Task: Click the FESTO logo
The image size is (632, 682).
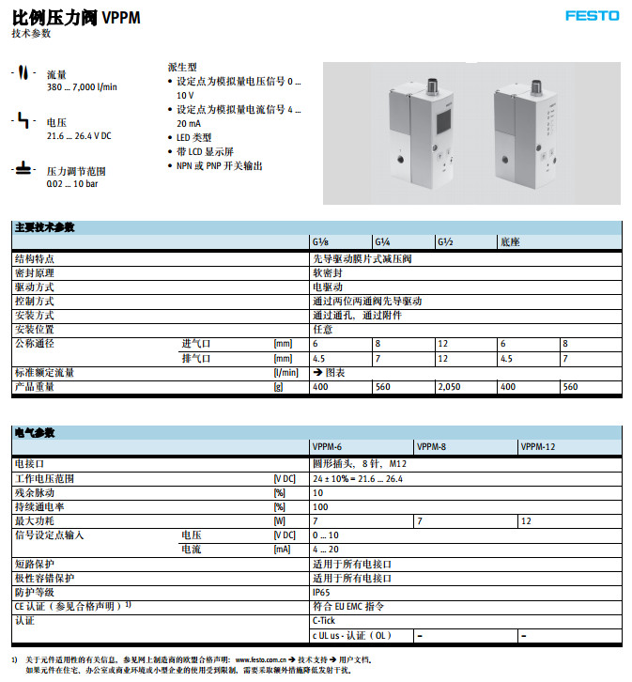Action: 592,15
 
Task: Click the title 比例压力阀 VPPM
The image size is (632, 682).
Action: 76,16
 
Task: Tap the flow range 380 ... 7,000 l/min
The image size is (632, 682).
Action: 83,87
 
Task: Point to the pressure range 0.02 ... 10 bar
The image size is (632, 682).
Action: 71,184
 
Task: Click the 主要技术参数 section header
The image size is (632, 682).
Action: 45,228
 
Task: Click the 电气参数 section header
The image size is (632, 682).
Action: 35,433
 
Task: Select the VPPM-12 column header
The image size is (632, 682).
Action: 538,448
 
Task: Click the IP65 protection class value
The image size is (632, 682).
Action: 322,592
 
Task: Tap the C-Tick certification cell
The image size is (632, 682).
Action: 323,621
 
